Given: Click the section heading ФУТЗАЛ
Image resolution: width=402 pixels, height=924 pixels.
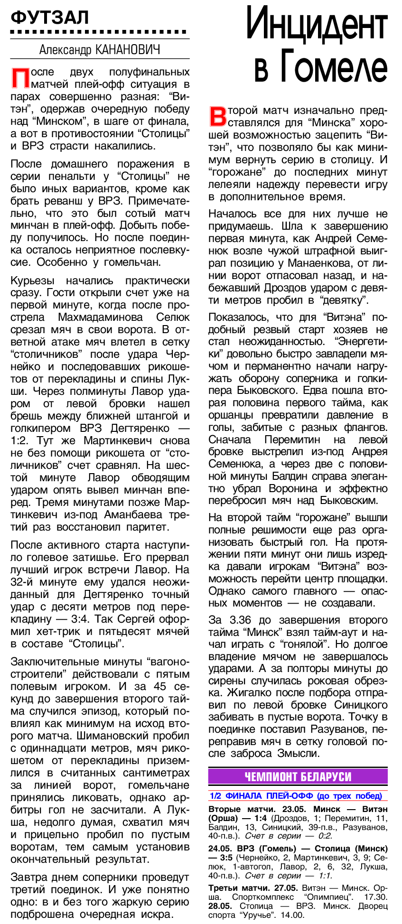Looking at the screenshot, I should tap(50, 18).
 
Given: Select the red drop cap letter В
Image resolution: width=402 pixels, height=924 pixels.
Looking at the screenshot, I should tap(217, 117).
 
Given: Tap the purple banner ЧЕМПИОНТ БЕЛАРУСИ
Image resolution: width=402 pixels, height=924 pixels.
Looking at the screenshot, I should tap(298, 777).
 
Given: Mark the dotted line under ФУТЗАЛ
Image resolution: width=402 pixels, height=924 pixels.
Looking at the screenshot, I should tap(99, 32).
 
